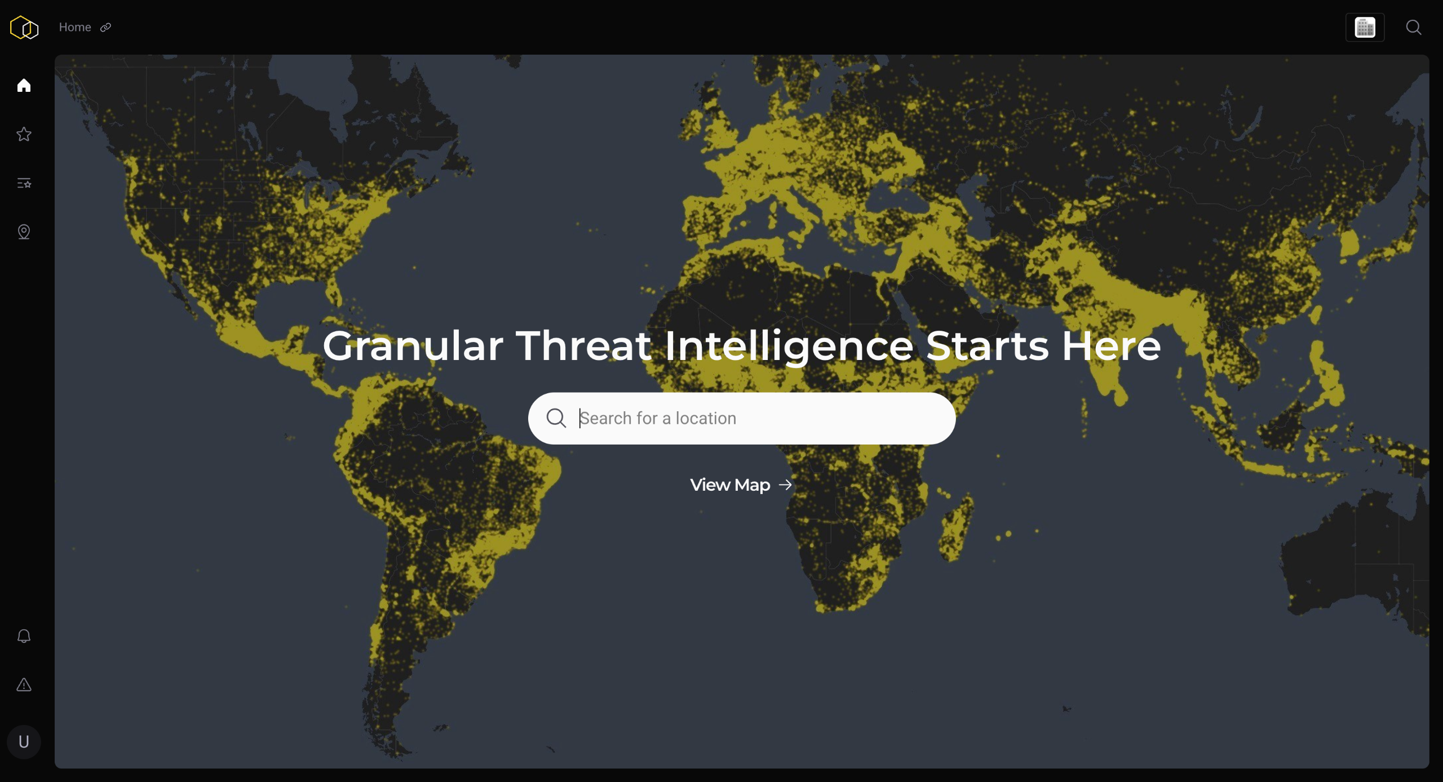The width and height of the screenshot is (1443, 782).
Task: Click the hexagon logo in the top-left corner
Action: coord(24,28)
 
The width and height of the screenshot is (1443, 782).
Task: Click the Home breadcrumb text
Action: coord(75,27)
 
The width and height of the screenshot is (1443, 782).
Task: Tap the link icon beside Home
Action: coord(105,28)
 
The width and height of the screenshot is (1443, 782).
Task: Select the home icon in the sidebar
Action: coord(24,85)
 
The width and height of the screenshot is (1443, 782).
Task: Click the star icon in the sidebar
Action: coord(24,134)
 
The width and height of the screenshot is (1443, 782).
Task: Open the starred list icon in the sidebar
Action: coord(24,183)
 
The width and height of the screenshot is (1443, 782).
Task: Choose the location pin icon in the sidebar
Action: coord(24,232)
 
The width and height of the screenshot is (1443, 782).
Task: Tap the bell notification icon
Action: coord(24,636)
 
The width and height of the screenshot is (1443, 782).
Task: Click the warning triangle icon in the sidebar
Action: coord(24,685)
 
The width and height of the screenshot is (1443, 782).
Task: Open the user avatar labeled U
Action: coord(24,741)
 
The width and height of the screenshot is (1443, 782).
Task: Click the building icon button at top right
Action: coord(1365,28)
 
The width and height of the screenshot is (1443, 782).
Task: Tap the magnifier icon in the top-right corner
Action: coord(1414,28)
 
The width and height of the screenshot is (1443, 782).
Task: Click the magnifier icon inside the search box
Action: coord(556,418)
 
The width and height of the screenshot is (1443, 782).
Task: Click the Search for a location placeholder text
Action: coord(658,418)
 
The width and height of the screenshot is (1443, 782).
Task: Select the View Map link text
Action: coord(730,485)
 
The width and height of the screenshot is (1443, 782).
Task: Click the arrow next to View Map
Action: coord(785,485)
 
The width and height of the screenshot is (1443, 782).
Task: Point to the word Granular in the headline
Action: coord(413,345)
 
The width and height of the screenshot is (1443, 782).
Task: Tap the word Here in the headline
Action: coord(1112,345)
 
